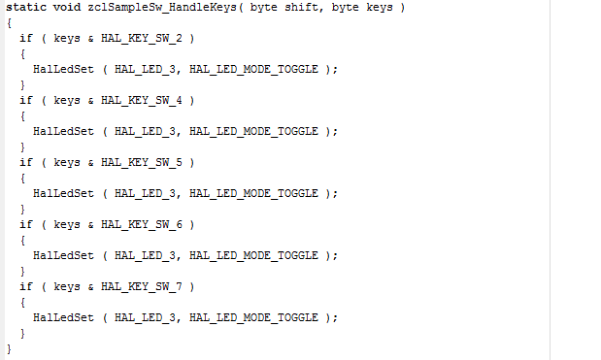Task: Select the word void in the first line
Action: [67, 7]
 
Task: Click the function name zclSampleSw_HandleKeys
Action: [162, 8]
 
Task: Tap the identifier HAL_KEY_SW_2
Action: [142, 38]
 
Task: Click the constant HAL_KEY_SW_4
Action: [142, 100]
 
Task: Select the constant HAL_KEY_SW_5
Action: [142, 162]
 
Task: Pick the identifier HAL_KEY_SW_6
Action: [142, 224]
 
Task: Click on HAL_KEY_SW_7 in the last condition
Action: [142, 286]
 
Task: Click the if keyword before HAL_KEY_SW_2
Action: [26, 38]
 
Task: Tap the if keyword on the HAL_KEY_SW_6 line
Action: [26, 224]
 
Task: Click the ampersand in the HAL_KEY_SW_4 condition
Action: [91, 101]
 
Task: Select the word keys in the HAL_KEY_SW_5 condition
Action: [67, 163]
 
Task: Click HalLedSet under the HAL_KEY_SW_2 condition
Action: [63, 69]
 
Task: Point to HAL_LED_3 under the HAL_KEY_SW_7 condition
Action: [145, 317]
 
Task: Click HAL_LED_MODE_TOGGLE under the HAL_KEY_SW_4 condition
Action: [253, 131]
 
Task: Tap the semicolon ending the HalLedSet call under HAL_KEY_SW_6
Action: [335, 256]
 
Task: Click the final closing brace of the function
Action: [9, 349]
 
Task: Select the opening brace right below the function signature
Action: [9, 23]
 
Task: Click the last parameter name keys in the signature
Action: [380, 8]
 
